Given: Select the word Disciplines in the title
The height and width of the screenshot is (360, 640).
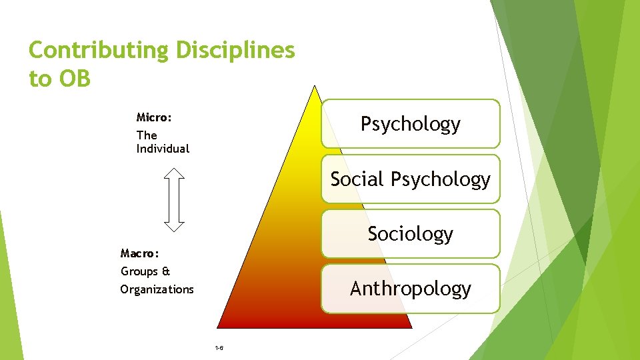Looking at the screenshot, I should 235,51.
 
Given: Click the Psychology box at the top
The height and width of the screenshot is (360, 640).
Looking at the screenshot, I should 410,124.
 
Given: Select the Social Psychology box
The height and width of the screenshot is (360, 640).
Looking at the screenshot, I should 410,179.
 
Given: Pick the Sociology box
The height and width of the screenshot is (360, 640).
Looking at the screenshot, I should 410,233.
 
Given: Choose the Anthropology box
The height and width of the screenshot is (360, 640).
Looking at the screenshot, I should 410,289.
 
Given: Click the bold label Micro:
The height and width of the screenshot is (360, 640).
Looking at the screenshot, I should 154,117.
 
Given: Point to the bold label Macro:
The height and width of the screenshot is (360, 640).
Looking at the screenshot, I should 139,253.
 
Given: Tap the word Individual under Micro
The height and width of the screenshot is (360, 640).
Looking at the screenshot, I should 163,149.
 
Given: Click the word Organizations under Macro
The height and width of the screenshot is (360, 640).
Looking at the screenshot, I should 157,289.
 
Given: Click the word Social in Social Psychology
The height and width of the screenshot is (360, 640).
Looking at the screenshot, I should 357,179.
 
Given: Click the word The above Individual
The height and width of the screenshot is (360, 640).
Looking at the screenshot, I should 147,135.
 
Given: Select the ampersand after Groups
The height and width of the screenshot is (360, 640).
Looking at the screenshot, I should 166,271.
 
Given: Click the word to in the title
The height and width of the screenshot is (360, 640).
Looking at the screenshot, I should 39,79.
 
